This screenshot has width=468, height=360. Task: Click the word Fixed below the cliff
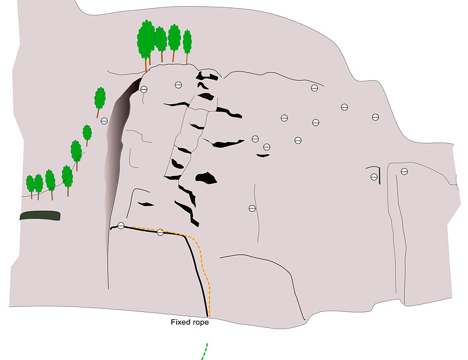tap(180, 322)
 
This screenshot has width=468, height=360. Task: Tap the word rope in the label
tap(201, 322)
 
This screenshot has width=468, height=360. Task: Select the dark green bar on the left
tap(40, 215)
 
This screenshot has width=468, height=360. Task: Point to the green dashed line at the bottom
tap(204, 351)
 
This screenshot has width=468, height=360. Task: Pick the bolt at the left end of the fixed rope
tap(121, 226)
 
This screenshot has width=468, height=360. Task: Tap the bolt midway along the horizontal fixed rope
tap(160, 232)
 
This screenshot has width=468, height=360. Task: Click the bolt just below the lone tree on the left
tap(104, 121)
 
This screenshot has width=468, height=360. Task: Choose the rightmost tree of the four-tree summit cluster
tap(187, 45)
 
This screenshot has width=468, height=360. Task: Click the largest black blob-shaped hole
tap(206, 178)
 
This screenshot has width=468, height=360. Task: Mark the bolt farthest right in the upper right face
tap(376, 117)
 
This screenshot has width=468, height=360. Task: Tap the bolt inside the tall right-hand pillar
tap(404, 171)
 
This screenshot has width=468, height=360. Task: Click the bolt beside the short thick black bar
tap(374, 177)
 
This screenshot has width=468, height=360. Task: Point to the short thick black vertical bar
tap(379, 176)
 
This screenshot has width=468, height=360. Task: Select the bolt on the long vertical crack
tap(252, 208)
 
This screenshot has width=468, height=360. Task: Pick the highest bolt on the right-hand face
tap(314, 88)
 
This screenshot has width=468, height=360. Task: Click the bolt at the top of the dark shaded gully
tap(144, 89)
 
